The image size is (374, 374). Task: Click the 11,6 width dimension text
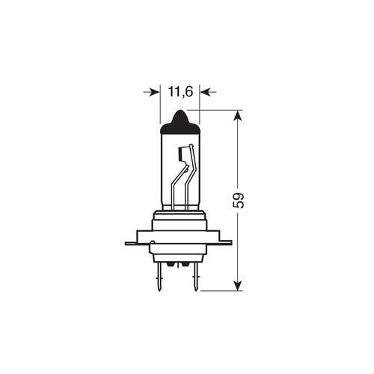[x=180, y=92]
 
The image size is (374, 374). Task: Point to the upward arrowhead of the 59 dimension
[x=238, y=117]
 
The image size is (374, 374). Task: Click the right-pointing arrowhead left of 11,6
[x=155, y=92]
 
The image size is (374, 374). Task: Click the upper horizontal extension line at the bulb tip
[x=217, y=110]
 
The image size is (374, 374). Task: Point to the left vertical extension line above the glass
[x=160, y=105]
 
